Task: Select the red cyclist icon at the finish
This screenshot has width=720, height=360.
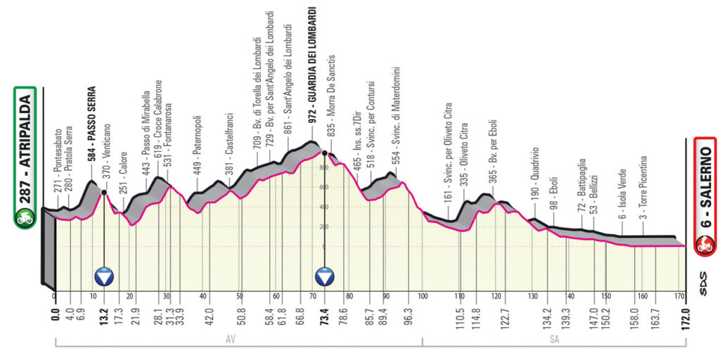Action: [705, 245]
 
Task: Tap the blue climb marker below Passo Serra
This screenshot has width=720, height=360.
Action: [105, 276]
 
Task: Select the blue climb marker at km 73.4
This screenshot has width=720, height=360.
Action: [325, 276]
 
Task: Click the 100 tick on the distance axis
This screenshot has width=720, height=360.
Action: [423, 296]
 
